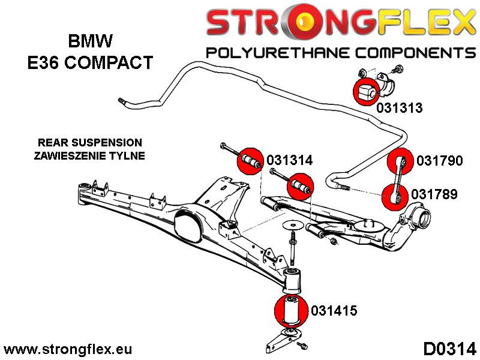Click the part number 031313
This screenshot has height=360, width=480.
coord(399,108)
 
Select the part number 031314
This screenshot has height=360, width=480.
coord(290,161)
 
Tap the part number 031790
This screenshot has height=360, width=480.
coord(439,161)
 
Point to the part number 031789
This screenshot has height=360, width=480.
coord(435,194)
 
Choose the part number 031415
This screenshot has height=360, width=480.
coord(334,311)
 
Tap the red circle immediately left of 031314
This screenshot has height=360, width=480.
coord(251,161)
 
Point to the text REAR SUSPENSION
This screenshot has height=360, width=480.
coord(89,143)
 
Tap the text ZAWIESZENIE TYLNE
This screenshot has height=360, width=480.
coord(90,155)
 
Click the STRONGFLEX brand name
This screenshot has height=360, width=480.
coord(340,23)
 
